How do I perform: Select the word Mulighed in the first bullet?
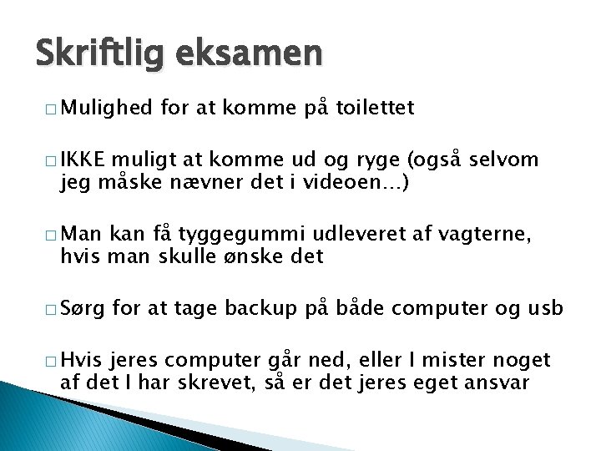105,107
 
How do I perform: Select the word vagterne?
479,235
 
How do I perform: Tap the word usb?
545,310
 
